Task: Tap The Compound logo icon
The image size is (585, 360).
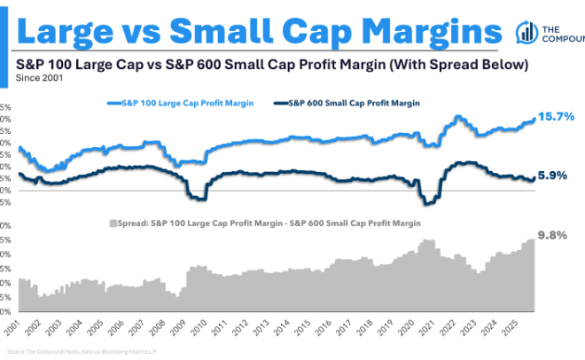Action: tap(526, 33)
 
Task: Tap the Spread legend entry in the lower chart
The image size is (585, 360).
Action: tap(275, 223)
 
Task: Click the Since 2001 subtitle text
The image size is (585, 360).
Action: tap(39, 78)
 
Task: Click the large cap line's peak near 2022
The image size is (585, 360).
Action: tap(456, 117)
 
